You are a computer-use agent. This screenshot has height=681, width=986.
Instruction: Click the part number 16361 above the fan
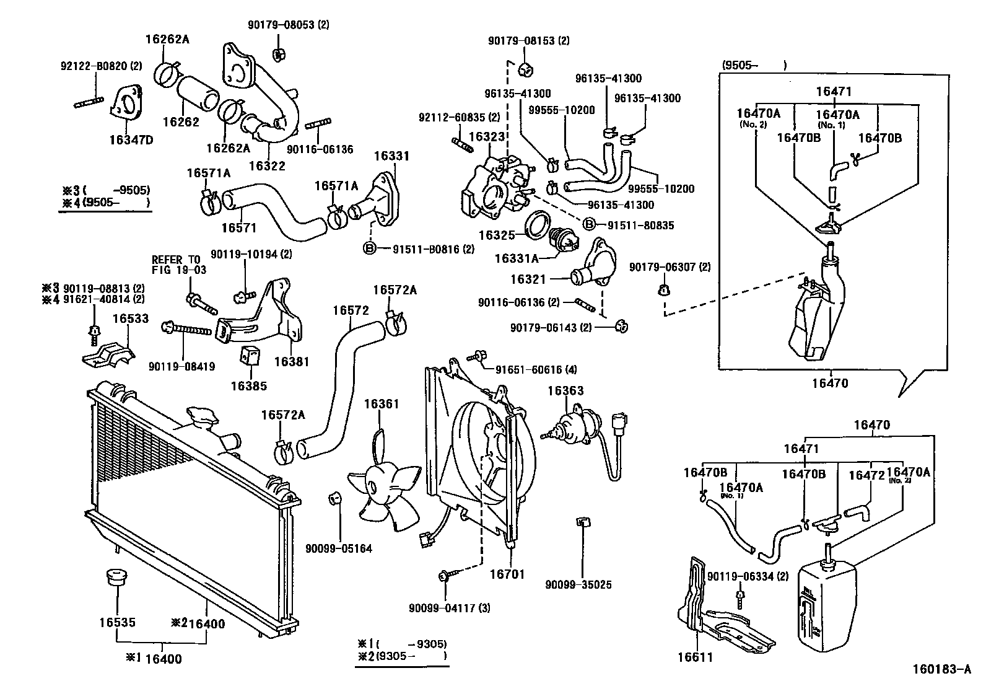point(381,404)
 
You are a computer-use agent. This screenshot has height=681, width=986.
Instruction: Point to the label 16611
point(695,657)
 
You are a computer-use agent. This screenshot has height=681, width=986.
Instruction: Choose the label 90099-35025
point(578,584)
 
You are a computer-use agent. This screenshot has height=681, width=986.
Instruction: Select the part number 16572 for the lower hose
point(351,310)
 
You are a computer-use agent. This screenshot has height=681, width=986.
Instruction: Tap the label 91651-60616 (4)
point(536,370)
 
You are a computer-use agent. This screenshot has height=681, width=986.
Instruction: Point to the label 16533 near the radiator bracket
point(130,319)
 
